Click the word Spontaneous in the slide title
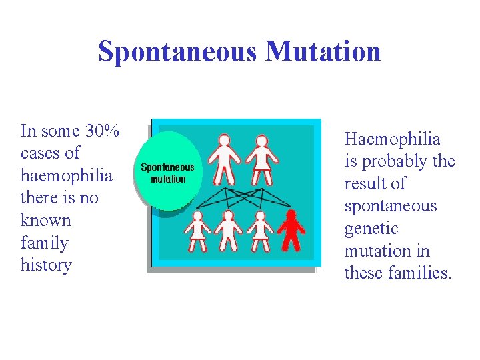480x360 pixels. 177,52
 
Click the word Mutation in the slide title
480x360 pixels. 323,52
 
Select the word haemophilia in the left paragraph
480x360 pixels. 67,175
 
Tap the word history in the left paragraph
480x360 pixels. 46,265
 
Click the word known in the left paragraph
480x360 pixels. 45,220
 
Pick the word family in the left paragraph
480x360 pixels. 45,243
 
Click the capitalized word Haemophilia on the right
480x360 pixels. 392,139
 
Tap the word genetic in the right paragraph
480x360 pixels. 371,229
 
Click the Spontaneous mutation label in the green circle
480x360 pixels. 168,173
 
